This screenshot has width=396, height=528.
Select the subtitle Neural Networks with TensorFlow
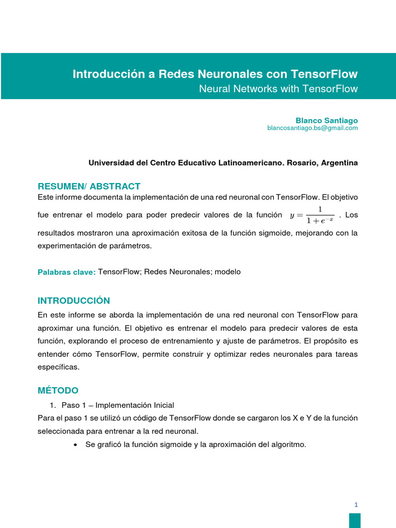click(278, 89)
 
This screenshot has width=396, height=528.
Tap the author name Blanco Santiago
click(326, 120)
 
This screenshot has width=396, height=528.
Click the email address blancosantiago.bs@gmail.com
click(312, 128)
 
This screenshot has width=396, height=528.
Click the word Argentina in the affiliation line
click(339, 163)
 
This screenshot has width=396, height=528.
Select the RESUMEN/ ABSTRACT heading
click(89, 186)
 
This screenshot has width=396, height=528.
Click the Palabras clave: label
click(67, 272)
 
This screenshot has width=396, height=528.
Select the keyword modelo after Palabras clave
click(227, 272)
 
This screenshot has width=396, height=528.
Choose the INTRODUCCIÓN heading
click(74, 301)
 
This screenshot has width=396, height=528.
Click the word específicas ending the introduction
click(59, 367)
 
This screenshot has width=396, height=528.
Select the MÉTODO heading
click(58, 390)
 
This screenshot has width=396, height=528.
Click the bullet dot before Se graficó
click(76, 444)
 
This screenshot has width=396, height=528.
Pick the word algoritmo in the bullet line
click(288, 444)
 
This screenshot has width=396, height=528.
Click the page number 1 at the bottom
click(356, 505)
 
